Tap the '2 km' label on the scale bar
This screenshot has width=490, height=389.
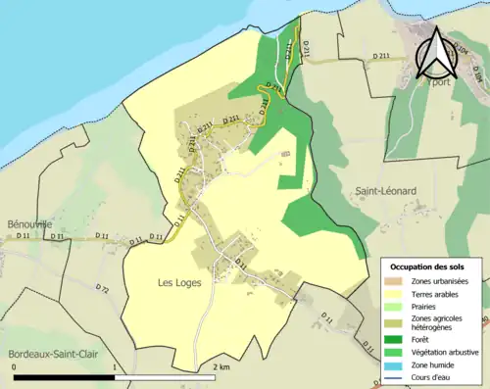click(220, 367)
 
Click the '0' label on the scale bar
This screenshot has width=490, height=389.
click(14, 367)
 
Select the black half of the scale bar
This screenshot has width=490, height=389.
click(64, 377)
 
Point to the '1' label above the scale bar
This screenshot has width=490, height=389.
click(116, 367)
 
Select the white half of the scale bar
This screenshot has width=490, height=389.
click(166, 377)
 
